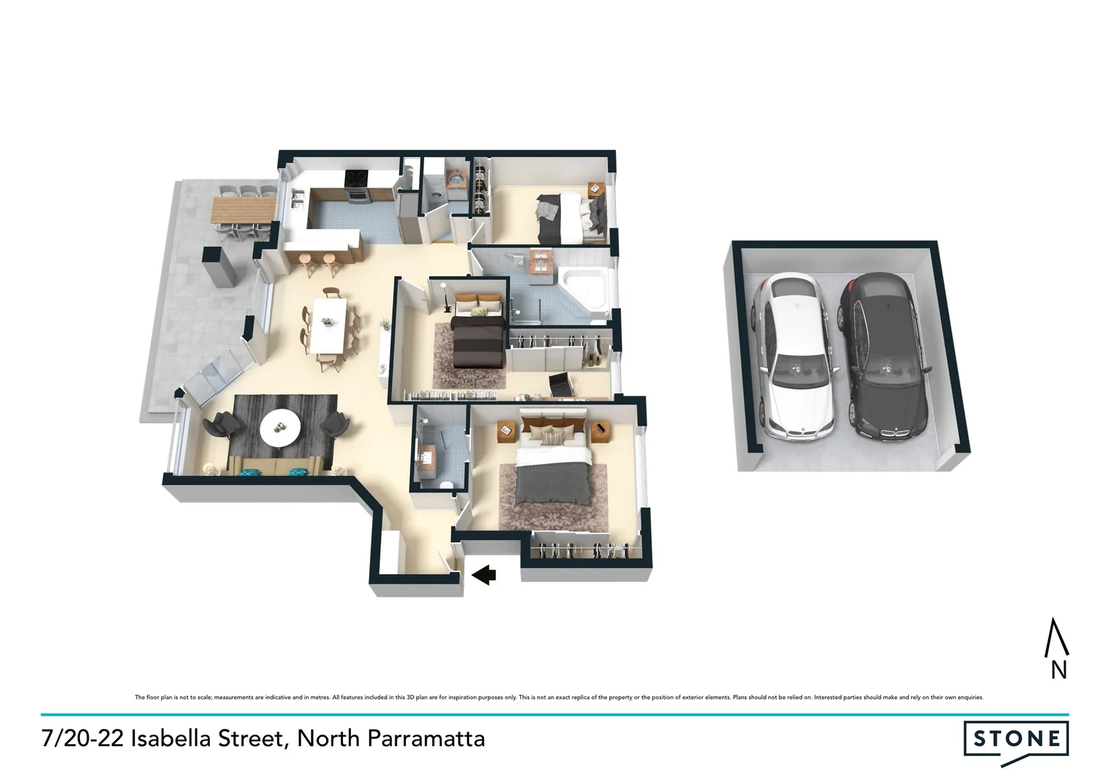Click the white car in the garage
click(x=792, y=356)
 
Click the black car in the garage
click(x=882, y=356)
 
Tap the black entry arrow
click(x=483, y=575)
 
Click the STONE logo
click(x=1016, y=740)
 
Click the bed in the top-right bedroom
click(x=571, y=216)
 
